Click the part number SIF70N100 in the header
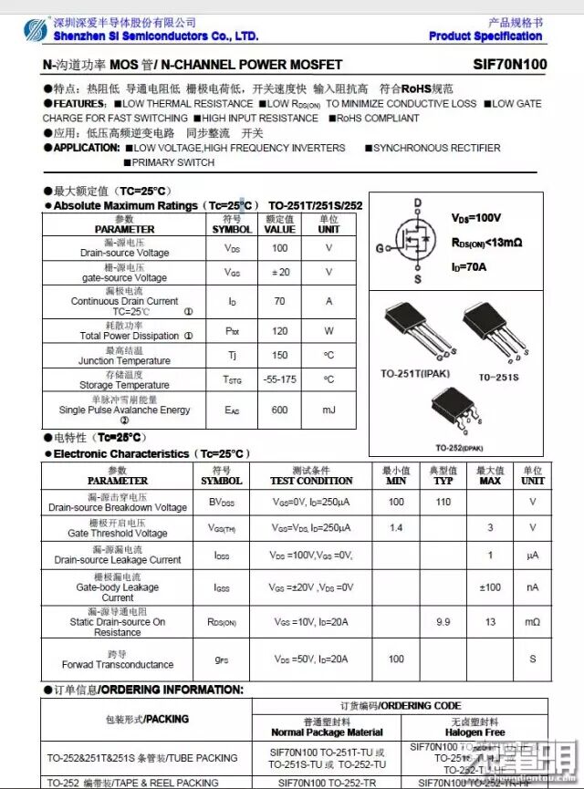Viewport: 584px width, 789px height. pos(510,65)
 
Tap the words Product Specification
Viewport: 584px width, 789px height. pos(485,36)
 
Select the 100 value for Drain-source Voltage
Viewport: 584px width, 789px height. pos(279,248)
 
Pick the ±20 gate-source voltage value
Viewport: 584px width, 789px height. pos(279,272)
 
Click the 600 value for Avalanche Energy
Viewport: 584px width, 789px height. pos(279,410)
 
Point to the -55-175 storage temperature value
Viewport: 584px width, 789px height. pos(279,379)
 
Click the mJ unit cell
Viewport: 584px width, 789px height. pos(328,410)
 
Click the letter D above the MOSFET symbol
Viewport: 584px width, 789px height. pos(418,203)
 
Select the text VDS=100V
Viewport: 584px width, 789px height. pos(476,219)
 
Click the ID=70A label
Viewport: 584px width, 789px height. pos(469,267)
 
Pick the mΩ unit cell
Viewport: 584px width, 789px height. pos(532,622)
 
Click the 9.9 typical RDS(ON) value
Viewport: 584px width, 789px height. pos(443,622)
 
